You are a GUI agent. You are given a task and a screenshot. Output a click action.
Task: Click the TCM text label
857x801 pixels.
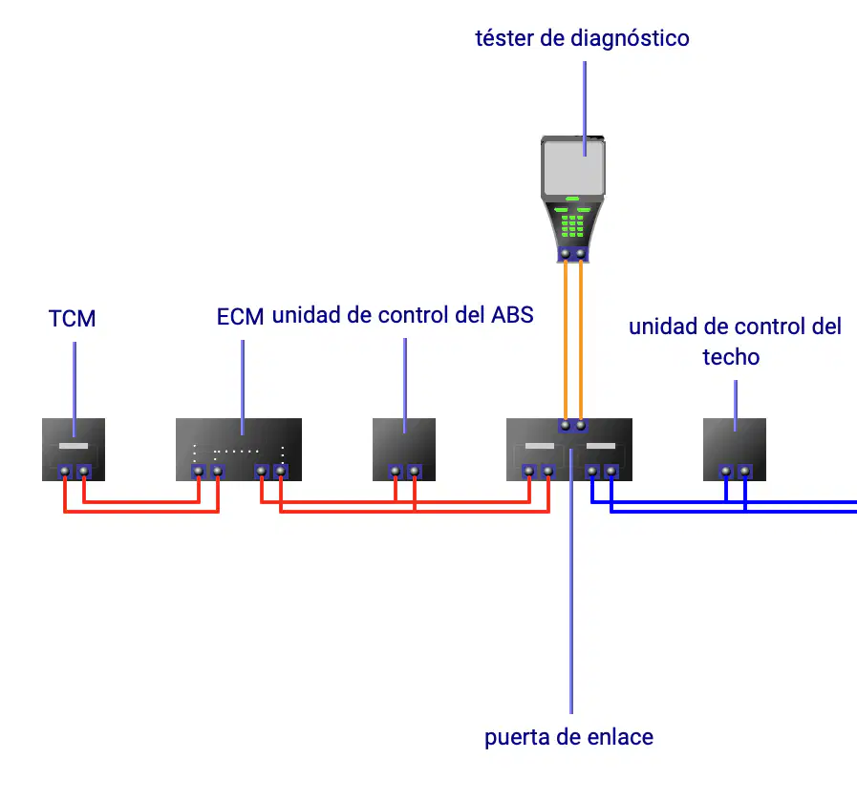pyautogui.click(x=73, y=318)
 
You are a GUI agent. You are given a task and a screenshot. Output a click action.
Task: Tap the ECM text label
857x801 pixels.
pyautogui.click(x=240, y=317)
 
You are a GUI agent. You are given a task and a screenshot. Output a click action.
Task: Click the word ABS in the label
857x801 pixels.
pyautogui.click(x=512, y=315)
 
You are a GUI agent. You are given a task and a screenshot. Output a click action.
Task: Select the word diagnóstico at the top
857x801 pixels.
pyautogui.click(x=630, y=39)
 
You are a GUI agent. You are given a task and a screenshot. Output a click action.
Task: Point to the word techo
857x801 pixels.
pyautogui.click(x=731, y=357)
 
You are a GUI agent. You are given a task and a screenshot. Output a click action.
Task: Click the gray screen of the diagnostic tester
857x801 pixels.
pyautogui.click(x=573, y=166)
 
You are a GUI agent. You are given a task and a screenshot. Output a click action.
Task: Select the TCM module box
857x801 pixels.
pyautogui.click(x=74, y=450)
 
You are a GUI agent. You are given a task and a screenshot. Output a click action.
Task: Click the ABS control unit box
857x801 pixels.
pyautogui.click(x=404, y=450)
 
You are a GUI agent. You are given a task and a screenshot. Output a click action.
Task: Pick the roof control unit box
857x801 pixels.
pyautogui.click(x=735, y=450)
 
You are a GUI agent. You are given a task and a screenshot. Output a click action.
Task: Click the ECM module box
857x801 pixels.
pyautogui.click(x=239, y=450)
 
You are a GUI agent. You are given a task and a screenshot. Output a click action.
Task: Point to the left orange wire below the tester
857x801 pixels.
pyautogui.click(x=566, y=340)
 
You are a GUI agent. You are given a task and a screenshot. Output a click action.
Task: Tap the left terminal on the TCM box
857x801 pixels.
pyautogui.click(x=65, y=471)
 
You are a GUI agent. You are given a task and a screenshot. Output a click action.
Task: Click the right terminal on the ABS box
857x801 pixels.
pyautogui.click(x=415, y=471)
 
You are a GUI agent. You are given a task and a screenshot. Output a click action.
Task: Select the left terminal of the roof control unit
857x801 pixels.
pyautogui.click(x=726, y=471)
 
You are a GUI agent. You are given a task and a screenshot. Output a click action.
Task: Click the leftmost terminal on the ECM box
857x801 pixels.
pyautogui.click(x=199, y=471)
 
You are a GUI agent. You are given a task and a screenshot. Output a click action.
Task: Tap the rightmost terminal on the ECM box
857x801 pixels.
pyautogui.click(x=281, y=471)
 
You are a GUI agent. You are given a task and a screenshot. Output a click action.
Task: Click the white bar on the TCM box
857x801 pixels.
pyautogui.click(x=74, y=446)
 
